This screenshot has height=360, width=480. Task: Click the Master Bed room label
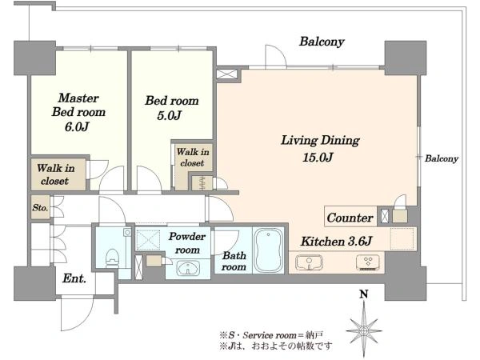[78, 105]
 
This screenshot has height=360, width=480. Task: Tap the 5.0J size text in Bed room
[170, 115]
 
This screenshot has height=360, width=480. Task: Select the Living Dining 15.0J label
[320, 149]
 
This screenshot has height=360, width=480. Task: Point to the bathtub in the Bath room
[269, 250]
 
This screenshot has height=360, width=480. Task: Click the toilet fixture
[112, 259]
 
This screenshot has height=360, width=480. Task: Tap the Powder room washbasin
[188, 269]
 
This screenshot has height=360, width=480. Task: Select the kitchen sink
[309, 262]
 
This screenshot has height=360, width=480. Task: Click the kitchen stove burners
[368, 262]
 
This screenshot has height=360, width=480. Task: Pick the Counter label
[350, 218]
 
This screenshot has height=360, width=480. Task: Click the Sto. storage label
[40, 208]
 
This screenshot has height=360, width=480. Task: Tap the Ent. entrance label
[74, 278]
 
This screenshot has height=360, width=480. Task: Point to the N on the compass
[364, 294]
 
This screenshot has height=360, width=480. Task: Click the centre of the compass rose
[364, 331]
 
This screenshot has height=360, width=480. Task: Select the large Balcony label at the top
[322, 42]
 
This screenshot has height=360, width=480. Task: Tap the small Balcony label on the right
[442, 158]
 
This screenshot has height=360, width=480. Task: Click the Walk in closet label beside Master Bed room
[55, 174]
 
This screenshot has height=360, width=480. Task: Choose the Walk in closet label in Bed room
[193, 158]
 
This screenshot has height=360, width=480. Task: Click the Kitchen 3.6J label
[336, 242]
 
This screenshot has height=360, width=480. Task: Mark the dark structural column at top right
[406, 58]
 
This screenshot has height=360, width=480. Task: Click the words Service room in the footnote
[270, 335]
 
